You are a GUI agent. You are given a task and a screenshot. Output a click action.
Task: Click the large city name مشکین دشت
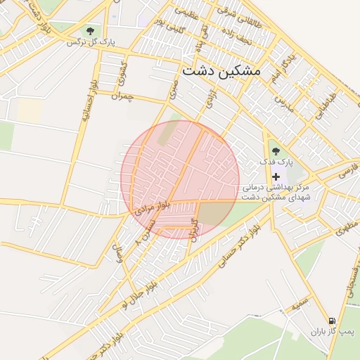(221, 71)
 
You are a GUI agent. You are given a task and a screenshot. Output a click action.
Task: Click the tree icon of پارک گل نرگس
(90, 31)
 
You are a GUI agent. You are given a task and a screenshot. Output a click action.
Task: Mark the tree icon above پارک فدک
(274, 150)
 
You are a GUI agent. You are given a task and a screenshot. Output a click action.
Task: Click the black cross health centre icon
(276, 176)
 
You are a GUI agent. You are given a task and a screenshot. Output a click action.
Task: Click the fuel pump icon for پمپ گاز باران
(332, 320)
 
